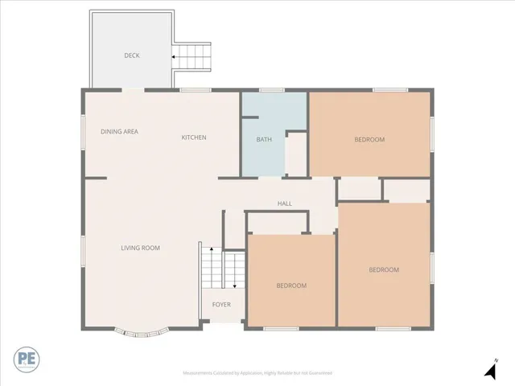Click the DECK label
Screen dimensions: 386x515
click(x=132, y=55)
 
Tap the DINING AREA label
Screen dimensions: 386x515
click(x=119, y=131)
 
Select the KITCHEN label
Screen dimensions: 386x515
click(x=193, y=138)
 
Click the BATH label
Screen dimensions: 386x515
click(x=264, y=140)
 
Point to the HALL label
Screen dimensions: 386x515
click(x=284, y=203)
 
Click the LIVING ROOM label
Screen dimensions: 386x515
click(x=140, y=248)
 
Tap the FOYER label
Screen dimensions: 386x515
click(x=221, y=305)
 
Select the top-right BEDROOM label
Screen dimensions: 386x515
click(x=369, y=140)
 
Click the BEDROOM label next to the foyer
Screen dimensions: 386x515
click(x=291, y=285)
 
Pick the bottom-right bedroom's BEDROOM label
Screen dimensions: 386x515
click(x=384, y=269)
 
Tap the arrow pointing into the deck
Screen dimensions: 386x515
click(x=174, y=57)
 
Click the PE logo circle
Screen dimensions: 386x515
click(x=27, y=358)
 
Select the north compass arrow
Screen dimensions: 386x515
click(x=489, y=371)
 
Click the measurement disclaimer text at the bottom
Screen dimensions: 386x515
click(x=257, y=373)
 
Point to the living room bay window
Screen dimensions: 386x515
click(x=138, y=330)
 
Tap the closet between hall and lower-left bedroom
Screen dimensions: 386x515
click(x=278, y=222)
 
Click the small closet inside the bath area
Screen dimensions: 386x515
click(x=296, y=154)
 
